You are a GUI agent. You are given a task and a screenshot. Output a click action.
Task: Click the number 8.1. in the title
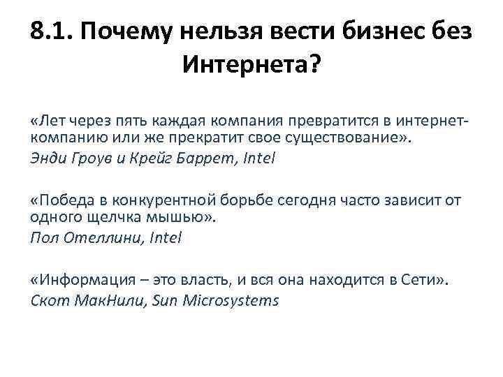pos(54,32)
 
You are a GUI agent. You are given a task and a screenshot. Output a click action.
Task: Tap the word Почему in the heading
pos(131,32)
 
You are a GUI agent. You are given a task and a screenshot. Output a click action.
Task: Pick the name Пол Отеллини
pos(79,237)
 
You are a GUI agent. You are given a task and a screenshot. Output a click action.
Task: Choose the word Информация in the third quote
pos(80,281)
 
